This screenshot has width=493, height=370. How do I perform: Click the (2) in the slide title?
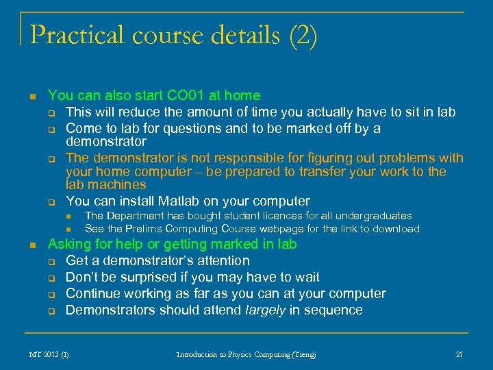click(303, 35)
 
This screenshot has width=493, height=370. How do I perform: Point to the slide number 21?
click(459, 354)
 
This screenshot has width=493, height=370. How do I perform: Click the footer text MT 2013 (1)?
click(49, 354)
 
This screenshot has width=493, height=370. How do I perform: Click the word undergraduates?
click(371, 216)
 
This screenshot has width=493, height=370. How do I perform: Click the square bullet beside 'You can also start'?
click(25, 97)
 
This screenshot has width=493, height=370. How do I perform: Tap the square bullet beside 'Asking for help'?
click(25, 245)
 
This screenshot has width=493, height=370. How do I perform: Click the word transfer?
click(311, 172)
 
